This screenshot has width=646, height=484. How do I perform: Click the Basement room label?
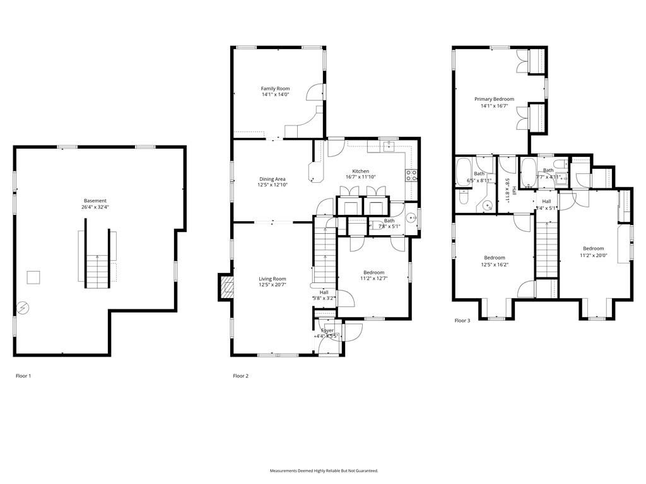95,201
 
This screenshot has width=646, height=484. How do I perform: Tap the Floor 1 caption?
23,376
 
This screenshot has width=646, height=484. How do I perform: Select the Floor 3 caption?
462,321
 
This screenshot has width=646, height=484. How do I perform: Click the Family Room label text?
275,89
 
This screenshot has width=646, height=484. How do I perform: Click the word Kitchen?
360,171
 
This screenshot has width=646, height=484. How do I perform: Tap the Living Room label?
272,279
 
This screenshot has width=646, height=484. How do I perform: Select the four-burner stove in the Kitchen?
411,175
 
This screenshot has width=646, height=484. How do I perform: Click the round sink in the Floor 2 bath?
410,219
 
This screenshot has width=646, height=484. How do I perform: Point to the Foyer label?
327,330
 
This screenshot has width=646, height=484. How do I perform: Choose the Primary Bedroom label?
494,99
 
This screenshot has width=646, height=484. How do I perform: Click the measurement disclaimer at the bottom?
324,471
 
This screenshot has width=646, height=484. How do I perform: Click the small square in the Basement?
33,277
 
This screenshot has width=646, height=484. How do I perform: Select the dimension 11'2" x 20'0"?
593,255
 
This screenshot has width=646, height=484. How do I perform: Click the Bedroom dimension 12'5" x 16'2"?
494,265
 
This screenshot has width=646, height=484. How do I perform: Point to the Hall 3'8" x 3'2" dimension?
324,298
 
